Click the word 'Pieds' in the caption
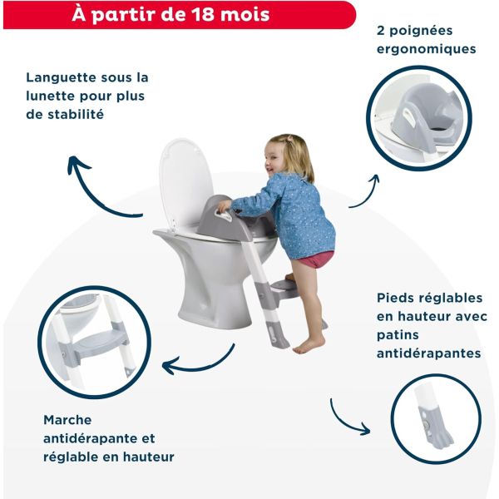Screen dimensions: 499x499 394,298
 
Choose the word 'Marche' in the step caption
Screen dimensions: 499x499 67,420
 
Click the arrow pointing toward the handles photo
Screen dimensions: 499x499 364,191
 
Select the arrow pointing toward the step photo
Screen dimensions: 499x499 195,363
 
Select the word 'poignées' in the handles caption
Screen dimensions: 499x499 430,31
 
